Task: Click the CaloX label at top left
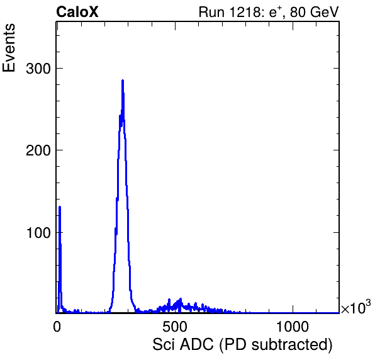[77, 12]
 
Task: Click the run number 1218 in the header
[244, 12]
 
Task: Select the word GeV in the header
[324, 12]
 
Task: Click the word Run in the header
[212, 12]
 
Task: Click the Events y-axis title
[9, 48]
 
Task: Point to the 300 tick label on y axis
[38, 69]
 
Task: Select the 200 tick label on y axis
[38, 150]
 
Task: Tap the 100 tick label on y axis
[38, 233]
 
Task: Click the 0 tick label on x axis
[57, 327]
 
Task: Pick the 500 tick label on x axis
[175, 327]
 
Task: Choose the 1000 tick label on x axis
[293, 327]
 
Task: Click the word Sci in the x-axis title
[163, 345]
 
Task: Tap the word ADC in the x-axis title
[196, 345]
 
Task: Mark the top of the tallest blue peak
[123, 81]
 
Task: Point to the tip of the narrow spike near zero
[60, 206]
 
